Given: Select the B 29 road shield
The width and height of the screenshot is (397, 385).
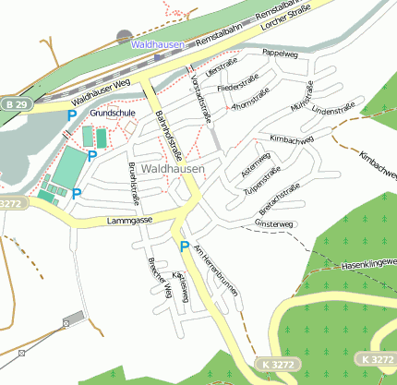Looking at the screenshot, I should pyautogui.click(x=11, y=106).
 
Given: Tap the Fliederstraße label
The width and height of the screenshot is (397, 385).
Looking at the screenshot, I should pyautogui.click(x=235, y=88).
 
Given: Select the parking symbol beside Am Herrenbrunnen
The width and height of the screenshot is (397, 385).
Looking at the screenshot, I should pyautogui.click(x=185, y=247).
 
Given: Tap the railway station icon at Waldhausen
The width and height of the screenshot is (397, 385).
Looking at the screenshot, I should pyautogui.click(x=125, y=36).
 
